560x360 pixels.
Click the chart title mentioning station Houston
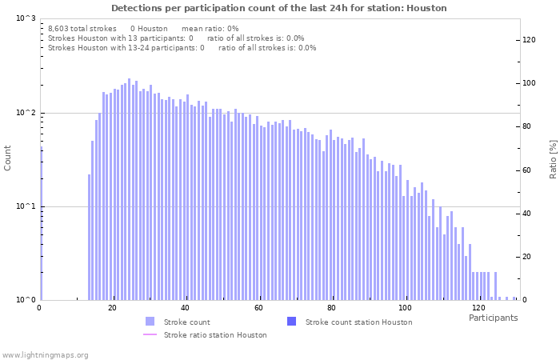point(279,8)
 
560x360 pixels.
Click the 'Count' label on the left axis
point(8,158)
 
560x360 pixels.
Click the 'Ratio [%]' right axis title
point(553,158)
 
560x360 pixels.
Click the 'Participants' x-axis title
point(493,318)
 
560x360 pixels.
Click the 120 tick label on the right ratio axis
point(530,40)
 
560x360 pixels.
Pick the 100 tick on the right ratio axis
point(530,83)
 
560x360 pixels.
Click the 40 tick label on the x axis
point(186,308)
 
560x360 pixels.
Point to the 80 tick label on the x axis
point(331,308)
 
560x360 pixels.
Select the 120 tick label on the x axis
point(478,308)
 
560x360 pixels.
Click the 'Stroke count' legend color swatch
point(150,322)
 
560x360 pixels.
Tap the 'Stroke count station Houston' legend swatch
point(291,322)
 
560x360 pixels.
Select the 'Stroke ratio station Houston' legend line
point(150,335)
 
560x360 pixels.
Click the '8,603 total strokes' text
point(82,29)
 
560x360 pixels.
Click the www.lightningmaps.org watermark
point(45,354)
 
